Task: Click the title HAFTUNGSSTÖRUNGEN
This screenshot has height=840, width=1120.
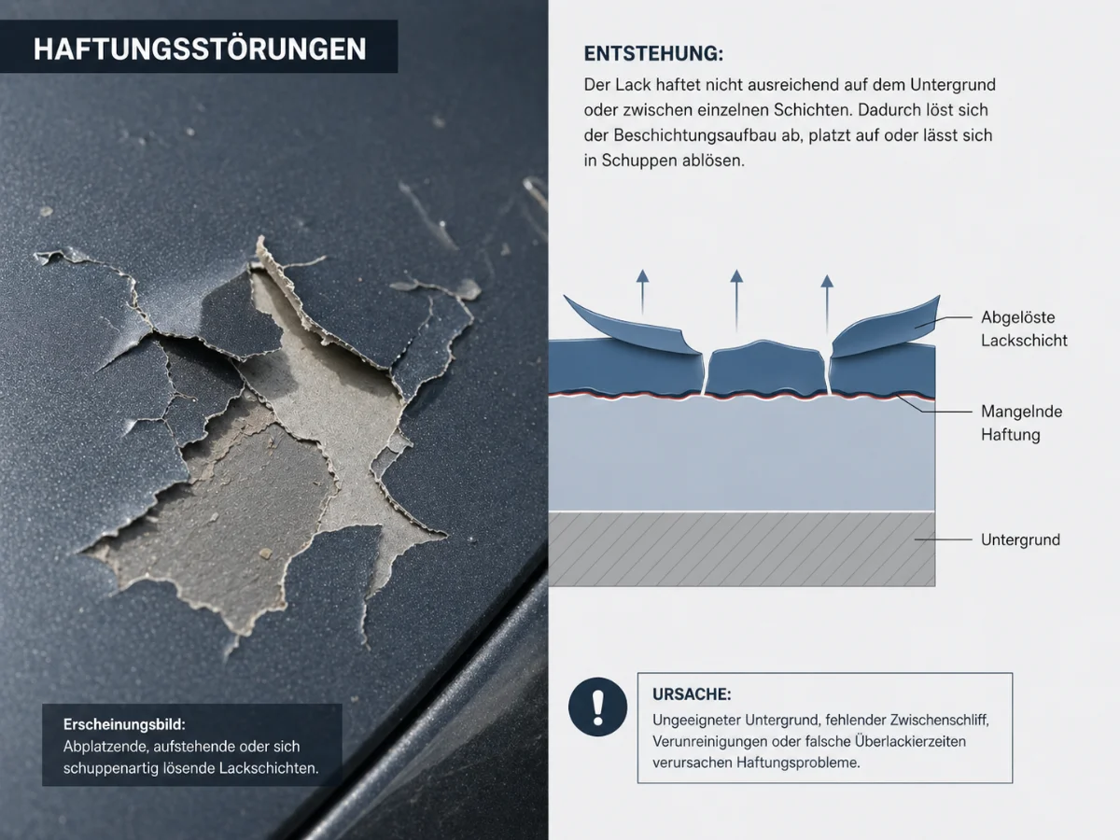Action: point(200,49)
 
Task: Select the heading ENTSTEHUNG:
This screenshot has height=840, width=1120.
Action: point(652,53)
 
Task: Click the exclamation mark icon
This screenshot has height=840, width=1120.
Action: point(598,707)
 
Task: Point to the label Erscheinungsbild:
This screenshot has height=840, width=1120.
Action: point(125,725)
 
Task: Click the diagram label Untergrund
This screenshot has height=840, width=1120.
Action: point(1020,539)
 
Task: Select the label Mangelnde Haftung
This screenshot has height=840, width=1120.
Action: point(1021,423)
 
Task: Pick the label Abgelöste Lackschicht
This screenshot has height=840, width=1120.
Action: point(1023,329)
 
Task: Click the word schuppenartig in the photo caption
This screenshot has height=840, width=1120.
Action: point(121,768)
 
